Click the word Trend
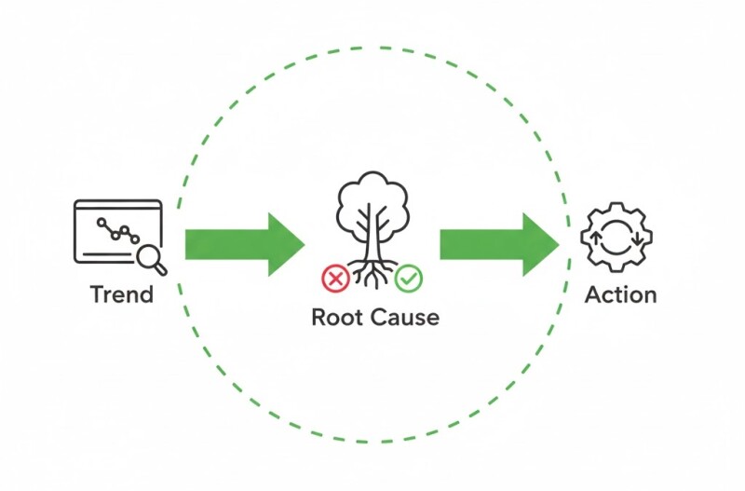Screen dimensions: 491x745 click(x=121, y=294)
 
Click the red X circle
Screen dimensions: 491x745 click(x=333, y=277)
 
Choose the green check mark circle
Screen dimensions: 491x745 click(x=408, y=277)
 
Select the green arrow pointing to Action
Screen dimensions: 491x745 click(x=494, y=244)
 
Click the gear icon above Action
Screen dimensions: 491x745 click(x=616, y=238)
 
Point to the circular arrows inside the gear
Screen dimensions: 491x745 click(x=616, y=238)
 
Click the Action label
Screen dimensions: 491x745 click(x=620, y=294)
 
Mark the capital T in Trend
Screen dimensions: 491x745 click(x=97, y=294)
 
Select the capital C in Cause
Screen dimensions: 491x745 click(x=382, y=318)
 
